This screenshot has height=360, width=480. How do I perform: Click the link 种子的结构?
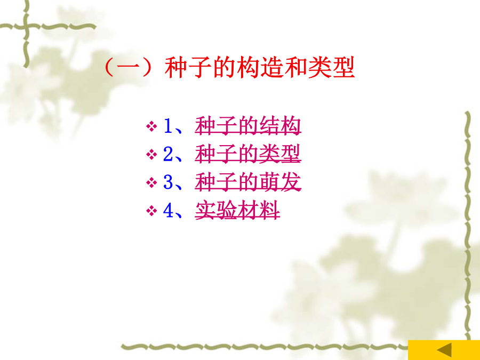point(248,126)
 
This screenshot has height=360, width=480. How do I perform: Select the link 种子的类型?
point(248,154)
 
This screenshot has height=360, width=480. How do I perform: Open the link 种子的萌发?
point(248,182)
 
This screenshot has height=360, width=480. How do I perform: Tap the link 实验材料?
point(237,210)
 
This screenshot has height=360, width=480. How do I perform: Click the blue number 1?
point(168,125)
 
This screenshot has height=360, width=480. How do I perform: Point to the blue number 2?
point(168,154)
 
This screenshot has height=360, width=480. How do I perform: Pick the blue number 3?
point(168,182)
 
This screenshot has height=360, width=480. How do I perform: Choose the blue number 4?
point(169,210)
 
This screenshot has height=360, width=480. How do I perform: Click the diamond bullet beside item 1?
point(151,126)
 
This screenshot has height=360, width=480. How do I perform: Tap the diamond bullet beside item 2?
point(151,154)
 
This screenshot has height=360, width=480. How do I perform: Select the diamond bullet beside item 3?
point(151,182)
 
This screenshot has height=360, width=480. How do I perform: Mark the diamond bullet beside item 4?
point(151,211)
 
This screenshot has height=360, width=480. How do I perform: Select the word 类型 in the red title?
point(332,67)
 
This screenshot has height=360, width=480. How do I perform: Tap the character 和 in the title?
point(295,67)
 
